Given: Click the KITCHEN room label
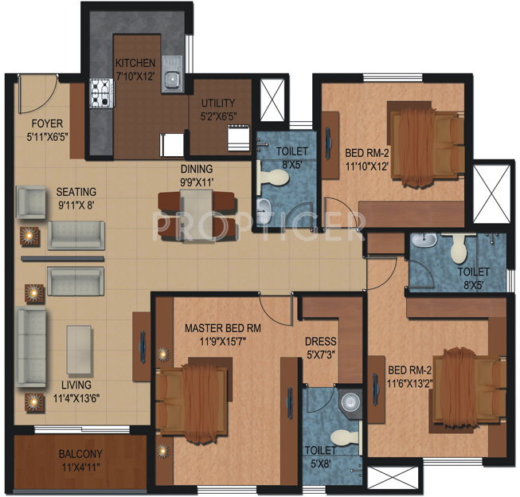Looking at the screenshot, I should [134, 63].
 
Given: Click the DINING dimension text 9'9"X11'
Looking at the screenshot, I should [196, 182].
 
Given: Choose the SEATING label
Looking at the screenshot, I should [76, 192].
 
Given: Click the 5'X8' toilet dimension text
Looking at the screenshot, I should [319, 461].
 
